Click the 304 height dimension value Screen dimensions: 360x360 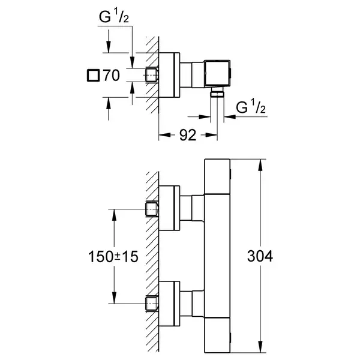point(260,256)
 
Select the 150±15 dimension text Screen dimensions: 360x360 point(113,256)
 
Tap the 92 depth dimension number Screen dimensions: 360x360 point(188,135)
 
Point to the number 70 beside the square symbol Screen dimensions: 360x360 point(112,75)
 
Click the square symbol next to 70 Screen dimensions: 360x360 point(93,76)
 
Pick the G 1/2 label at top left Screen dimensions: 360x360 point(114,17)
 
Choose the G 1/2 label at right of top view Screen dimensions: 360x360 point(251,107)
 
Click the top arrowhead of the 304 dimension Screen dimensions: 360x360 point(260,165)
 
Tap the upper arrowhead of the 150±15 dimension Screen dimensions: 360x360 point(114,215)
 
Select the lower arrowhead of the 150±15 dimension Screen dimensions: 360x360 point(114,298)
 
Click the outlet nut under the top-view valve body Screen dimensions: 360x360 point(217,94)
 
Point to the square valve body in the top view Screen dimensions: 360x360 point(217,74)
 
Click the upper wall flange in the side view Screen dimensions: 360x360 point(169,208)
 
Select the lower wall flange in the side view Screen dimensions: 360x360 point(169,304)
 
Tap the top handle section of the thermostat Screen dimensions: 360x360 point(217,176)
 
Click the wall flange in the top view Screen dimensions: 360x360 point(169,75)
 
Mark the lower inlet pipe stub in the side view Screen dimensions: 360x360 point(152,304)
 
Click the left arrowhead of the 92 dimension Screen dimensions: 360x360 point(164,135)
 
